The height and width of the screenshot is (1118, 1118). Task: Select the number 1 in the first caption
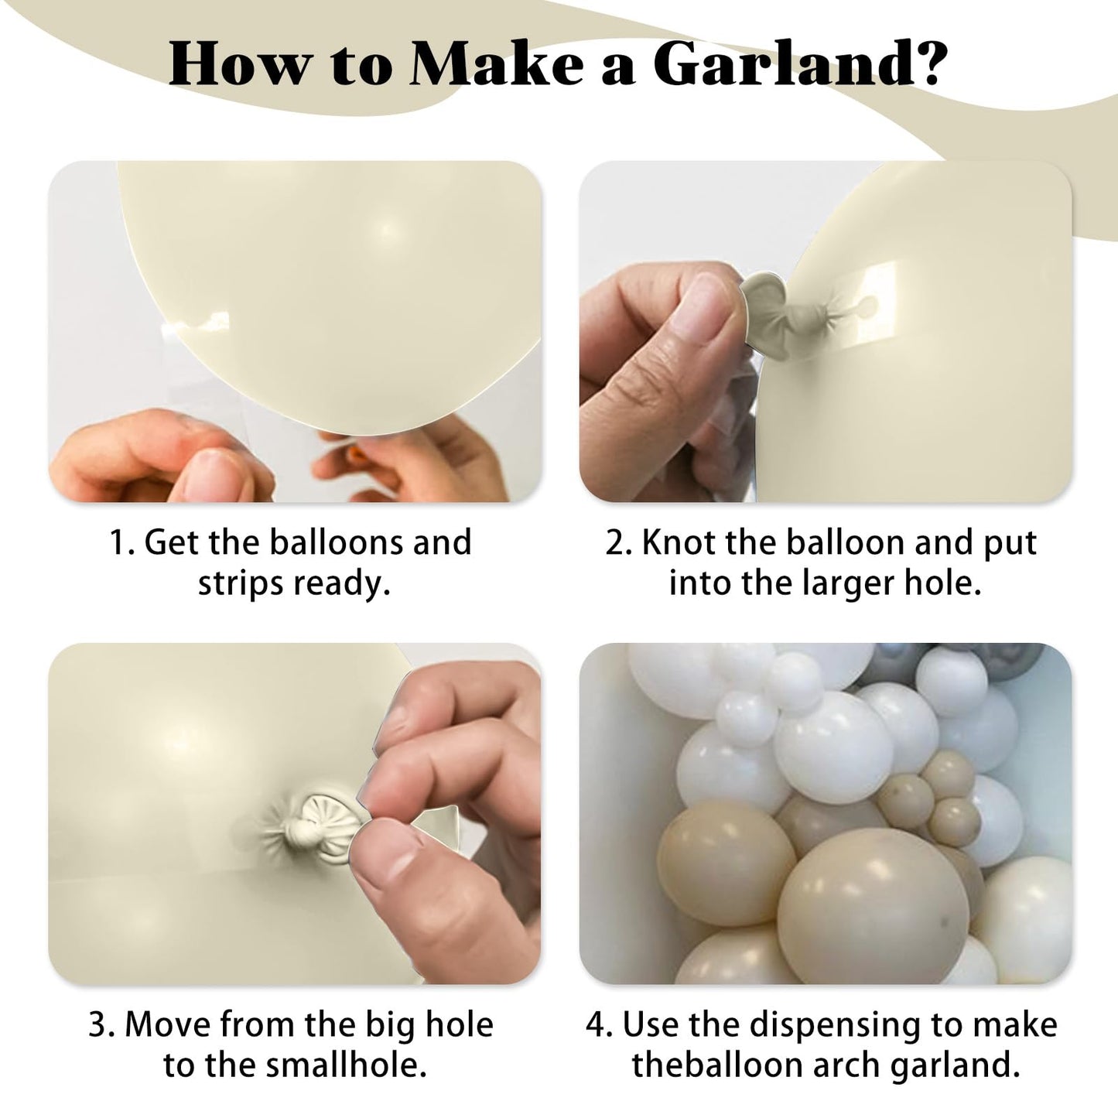[x=117, y=542]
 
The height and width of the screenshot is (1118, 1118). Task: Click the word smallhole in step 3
[x=340, y=1065]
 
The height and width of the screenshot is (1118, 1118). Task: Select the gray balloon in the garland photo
[x=894, y=662]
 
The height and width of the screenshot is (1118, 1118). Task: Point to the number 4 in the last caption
[x=596, y=1025]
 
